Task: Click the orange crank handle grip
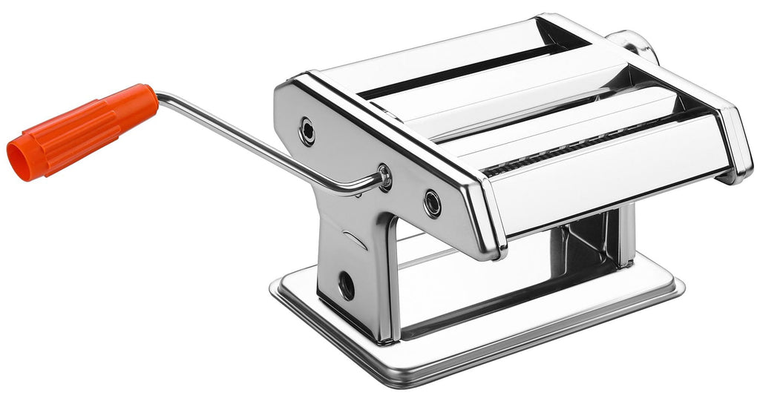[82, 130]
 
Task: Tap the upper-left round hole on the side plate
[307, 132]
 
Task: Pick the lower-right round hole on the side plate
[432, 202]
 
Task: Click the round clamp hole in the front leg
[347, 285]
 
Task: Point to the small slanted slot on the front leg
[356, 239]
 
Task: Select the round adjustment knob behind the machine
[635, 45]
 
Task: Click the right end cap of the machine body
[735, 145]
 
